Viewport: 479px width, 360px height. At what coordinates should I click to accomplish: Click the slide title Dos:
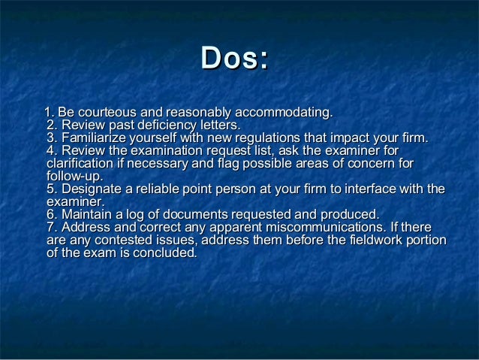point(235,58)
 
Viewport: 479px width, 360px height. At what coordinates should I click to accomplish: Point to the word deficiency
point(157,125)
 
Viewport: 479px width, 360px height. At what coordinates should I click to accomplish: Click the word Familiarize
point(95,138)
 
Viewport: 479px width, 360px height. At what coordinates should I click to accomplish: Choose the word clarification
point(82,164)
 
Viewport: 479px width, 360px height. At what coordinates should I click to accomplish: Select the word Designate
point(93,189)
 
